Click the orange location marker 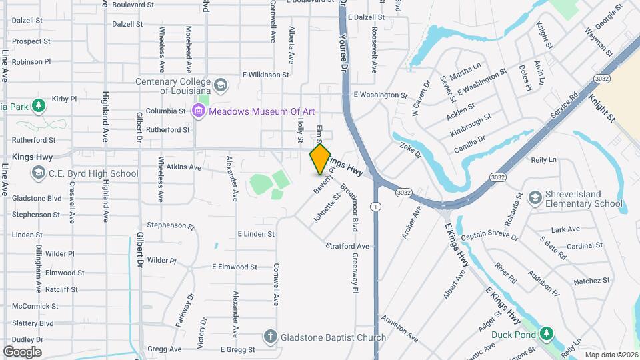click(320, 159)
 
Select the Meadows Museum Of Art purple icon click(198, 111)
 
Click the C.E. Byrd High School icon click(39, 173)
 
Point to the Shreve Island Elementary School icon click(535, 197)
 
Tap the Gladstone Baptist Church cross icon click(270, 337)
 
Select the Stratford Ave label click(347, 246)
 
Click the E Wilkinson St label click(265, 75)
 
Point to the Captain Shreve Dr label click(489, 236)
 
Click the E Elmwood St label click(235, 267)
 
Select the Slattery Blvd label click(32, 323)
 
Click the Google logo click(22, 351)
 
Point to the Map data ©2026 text click(611, 355)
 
